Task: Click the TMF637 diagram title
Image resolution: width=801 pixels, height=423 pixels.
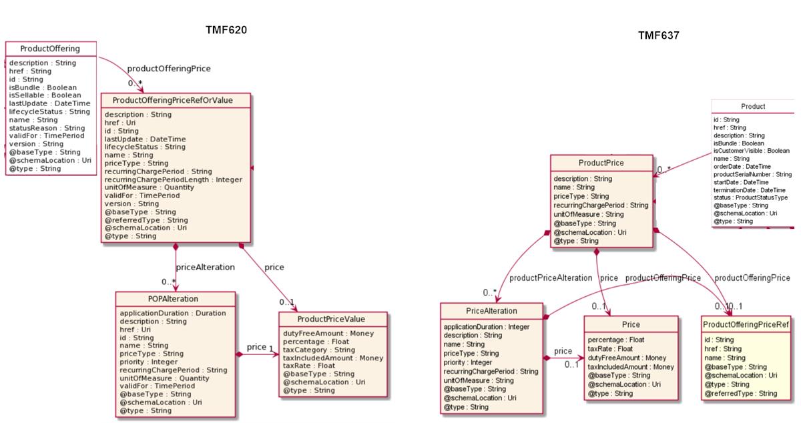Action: (658, 36)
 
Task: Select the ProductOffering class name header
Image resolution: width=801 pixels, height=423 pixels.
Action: (51, 49)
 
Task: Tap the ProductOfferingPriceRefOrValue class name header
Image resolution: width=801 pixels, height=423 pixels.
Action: (176, 101)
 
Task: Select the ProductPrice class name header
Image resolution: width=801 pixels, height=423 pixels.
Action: (601, 163)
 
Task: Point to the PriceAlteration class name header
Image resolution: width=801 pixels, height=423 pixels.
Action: (491, 310)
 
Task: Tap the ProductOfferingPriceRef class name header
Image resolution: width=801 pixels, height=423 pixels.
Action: (746, 324)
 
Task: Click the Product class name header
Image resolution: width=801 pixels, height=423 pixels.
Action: (753, 106)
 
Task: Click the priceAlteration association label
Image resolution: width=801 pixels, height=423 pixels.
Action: (205, 267)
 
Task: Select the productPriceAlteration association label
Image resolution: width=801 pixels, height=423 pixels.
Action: (551, 278)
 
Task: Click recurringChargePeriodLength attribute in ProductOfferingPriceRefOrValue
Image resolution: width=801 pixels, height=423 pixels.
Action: (174, 179)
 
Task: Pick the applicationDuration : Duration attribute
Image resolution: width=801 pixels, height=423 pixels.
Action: (172, 313)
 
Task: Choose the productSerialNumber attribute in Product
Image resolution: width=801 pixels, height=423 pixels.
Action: (752, 175)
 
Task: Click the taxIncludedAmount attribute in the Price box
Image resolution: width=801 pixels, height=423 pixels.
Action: (631, 367)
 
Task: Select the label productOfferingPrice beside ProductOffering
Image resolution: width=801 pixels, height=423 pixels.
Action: (169, 68)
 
